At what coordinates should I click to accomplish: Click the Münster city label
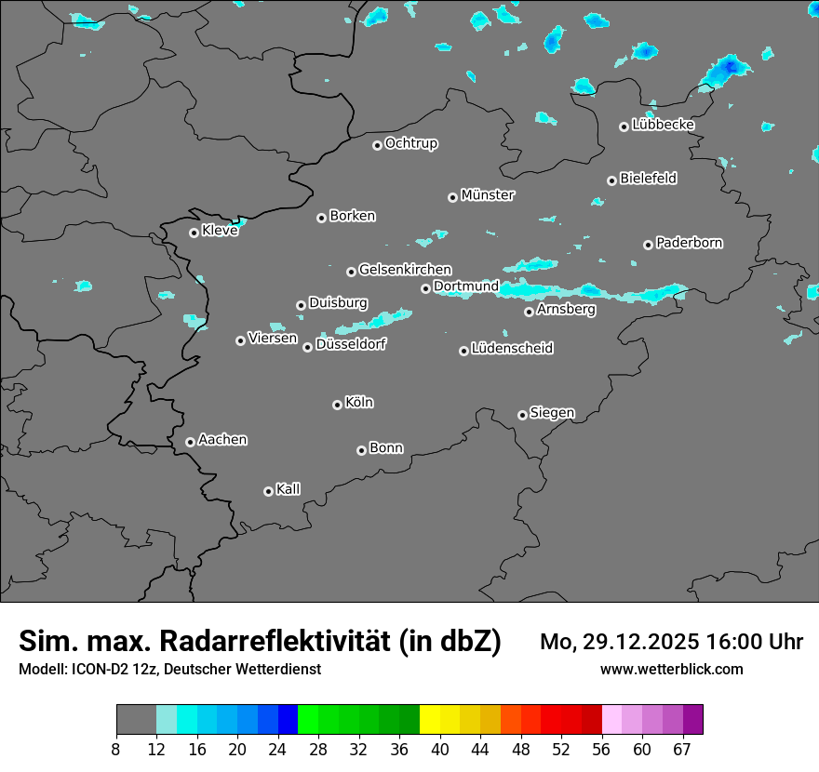tap(488, 195)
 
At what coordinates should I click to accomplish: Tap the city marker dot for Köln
tap(337, 405)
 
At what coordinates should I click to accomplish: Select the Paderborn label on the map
tap(690, 243)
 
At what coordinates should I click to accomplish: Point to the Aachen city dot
tap(190, 442)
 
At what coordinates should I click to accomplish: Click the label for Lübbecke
tap(664, 125)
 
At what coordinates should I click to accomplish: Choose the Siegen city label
tap(552, 413)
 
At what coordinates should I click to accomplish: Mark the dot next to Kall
tap(268, 491)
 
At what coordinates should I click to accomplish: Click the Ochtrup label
tap(411, 143)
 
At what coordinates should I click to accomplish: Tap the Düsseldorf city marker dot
tap(307, 347)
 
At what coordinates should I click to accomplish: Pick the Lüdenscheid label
tap(512, 349)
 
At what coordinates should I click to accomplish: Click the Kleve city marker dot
tap(194, 233)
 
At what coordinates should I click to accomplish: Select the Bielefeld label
tap(648, 179)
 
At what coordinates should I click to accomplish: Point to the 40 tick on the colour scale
tap(440, 749)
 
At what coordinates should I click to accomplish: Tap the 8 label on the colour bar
tap(116, 749)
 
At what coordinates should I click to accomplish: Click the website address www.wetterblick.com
tap(672, 670)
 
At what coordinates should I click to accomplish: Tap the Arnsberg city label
tap(566, 309)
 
